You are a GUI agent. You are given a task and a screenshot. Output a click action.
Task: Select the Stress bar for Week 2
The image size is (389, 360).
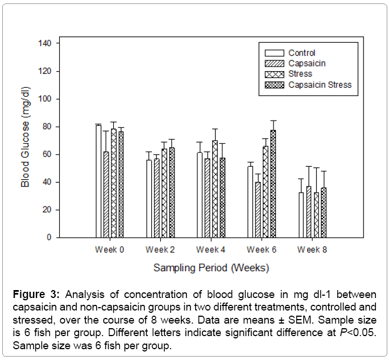click(164, 193)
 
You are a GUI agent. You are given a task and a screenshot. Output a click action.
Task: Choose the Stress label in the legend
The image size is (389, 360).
click(300, 74)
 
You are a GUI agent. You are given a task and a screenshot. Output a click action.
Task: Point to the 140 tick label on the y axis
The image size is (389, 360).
click(45, 43)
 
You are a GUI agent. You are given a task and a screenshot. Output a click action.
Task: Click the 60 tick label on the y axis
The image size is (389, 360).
click(47, 154)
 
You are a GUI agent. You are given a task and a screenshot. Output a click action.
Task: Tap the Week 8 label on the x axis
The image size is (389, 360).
click(312, 250)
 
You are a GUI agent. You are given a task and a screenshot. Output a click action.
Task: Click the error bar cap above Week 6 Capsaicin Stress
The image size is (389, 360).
click(273, 121)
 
